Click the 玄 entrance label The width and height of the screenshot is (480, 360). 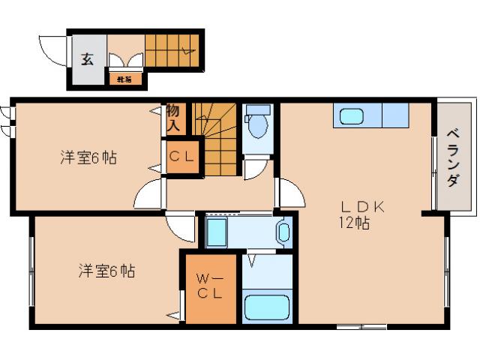click(x=88, y=59)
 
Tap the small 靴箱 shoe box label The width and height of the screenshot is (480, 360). click(x=119, y=77)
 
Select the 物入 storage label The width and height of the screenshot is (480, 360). click(x=173, y=119)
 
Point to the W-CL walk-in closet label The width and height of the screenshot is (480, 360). click(x=210, y=287)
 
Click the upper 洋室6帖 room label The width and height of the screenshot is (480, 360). click(x=88, y=158)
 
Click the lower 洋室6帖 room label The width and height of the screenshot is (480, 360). click(x=106, y=271)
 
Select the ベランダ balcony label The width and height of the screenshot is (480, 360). click(x=453, y=157)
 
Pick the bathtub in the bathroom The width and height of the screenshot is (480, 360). click(x=266, y=307)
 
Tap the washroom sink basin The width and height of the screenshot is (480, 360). click(x=283, y=232)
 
